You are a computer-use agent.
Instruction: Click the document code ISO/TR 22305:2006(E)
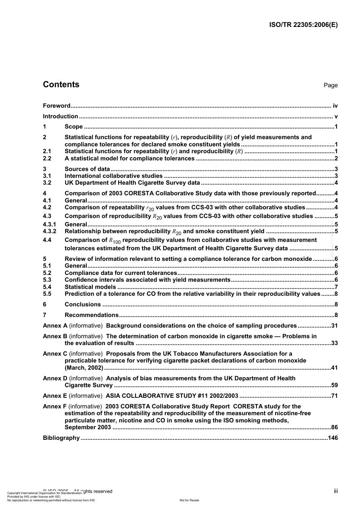(x=303, y=25)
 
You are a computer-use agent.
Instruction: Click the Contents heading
(x=61, y=85)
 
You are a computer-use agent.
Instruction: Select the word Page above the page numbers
(x=330, y=85)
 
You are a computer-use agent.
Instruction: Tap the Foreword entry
(x=56, y=106)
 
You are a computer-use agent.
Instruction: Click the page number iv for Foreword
(x=335, y=106)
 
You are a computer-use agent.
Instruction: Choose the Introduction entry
(x=60, y=116)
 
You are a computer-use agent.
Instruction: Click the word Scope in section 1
(x=74, y=127)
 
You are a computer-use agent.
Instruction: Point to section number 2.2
(x=47, y=158)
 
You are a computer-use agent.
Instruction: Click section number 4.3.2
(x=49, y=231)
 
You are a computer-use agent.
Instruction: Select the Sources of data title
(x=87, y=169)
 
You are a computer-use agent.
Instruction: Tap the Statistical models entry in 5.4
(x=90, y=287)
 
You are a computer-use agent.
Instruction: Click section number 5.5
(x=47, y=294)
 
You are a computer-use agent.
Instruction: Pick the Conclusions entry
(x=83, y=304)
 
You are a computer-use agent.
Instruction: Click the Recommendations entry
(x=92, y=315)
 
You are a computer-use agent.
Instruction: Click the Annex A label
(x=55, y=326)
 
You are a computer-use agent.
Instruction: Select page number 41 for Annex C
(x=334, y=368)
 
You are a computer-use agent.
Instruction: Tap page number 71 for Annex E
(x=334, y=396)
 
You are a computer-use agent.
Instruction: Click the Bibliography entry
(x=61, y=438)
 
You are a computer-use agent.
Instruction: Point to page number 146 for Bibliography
(x=333, y=438)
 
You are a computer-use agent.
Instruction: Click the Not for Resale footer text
(x=189, y=500)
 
